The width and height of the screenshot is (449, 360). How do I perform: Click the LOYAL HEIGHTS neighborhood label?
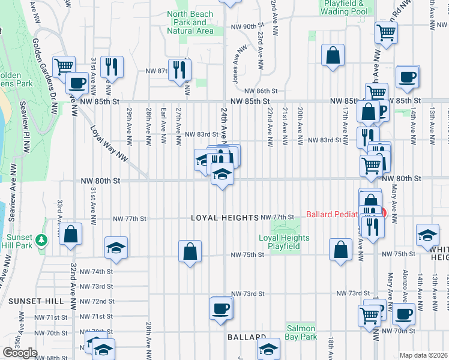tap(224, 218)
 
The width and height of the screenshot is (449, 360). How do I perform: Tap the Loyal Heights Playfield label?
tap(284, 242)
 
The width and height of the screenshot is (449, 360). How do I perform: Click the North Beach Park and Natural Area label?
tap(190, 22)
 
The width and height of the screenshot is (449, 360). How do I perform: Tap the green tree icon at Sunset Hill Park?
tap(41, 241)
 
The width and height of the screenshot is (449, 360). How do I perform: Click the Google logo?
tap(20, 353)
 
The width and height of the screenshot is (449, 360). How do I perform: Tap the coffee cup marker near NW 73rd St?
tap(220, 308)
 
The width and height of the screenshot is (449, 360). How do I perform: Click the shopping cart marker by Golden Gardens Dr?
tap(63, 67)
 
